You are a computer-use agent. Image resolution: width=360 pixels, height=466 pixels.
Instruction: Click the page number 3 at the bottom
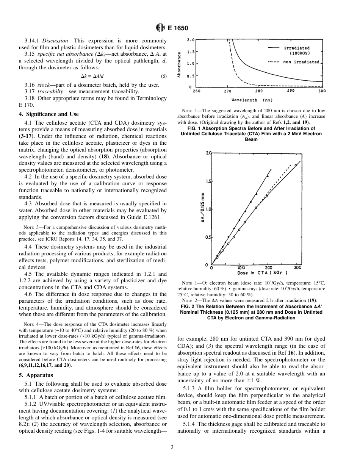tap(172, 447)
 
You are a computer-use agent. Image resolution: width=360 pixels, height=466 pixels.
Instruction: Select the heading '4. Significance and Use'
tap(49, 114)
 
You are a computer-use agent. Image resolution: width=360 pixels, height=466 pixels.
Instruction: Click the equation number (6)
tap(163, 76)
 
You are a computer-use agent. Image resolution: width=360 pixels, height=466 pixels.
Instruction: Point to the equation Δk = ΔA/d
tap(92, 76)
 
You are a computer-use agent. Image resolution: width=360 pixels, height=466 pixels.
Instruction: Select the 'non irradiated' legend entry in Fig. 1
tap(301, 62)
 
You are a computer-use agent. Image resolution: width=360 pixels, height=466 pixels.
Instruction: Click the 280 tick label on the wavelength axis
tap(258, 91)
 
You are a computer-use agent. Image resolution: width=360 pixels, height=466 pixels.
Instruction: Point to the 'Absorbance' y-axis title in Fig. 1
tap(179, 65)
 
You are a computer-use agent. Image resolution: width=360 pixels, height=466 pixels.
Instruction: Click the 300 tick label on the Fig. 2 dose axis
tap(297, 268)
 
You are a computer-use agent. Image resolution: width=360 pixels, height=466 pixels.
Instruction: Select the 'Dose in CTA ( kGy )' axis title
tap(262, 273)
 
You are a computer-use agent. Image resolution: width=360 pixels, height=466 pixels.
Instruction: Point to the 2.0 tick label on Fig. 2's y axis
tap(208, 153)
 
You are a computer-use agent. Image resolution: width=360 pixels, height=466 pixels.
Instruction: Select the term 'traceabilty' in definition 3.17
tap(52, 91)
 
